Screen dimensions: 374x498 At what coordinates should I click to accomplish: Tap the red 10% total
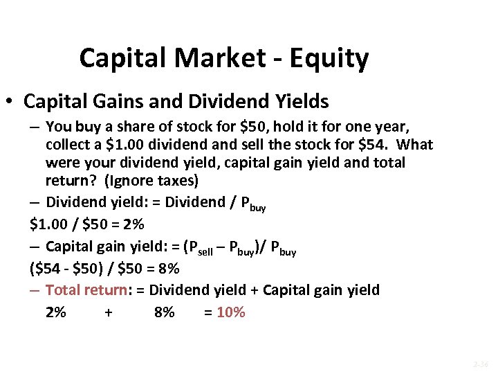click(230, 312)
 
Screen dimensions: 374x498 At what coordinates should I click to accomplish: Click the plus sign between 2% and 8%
click(109, 312)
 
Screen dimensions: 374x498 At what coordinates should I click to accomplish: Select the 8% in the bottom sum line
click(165, 312)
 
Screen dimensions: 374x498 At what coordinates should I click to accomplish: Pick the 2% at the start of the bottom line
click(56, 312)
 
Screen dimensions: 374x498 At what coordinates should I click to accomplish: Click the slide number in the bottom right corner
click(480, 363)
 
